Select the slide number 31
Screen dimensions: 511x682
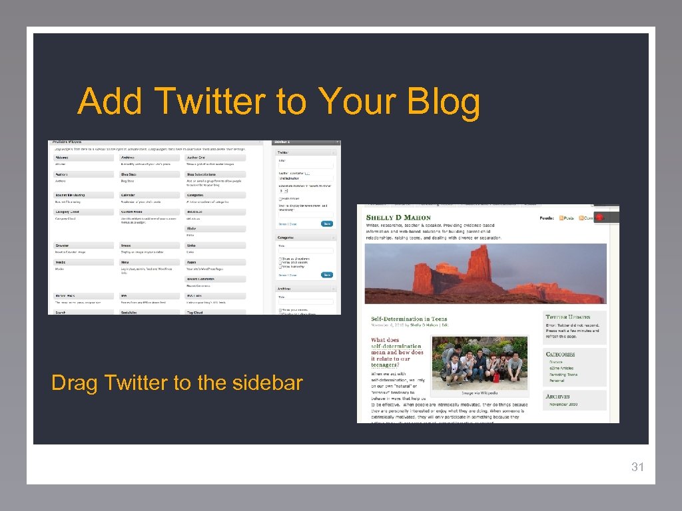click(x=637, y=467)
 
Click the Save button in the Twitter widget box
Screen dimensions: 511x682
click(x=326, y=224)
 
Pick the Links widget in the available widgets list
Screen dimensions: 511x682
click(x=192, y=246)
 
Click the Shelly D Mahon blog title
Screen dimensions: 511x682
click(x=398, y=218)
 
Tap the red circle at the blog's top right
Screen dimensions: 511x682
click(x=599, y=218)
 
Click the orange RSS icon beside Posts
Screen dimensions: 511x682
click(x=562, y=218)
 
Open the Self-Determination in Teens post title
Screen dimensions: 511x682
click(x=409, y=319)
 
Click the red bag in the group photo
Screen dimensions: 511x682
click(x=496, y=377)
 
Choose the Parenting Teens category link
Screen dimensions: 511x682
click(x=563, y=375)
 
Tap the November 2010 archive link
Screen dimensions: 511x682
click(x=563, y=404)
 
